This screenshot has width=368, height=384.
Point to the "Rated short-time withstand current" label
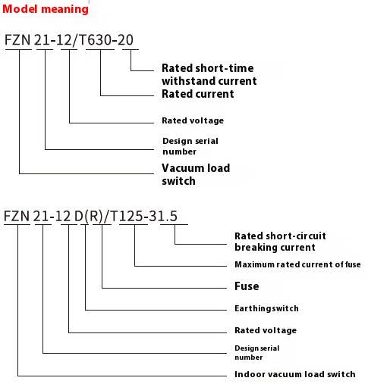(209, 74)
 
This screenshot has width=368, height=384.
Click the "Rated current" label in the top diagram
(197, 95)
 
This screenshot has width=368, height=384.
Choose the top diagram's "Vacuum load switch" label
(196, 174)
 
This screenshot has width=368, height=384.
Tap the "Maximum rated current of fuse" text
(297, 264)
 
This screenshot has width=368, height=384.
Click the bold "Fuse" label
(247, 286)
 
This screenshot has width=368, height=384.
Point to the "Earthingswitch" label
(266, 308)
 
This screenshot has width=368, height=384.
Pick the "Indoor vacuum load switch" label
(295, 374)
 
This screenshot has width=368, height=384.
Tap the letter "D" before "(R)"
(77, 217)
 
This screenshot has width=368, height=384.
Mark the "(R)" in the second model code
(93, 217)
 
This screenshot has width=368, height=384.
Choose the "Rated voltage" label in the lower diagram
(266, 330)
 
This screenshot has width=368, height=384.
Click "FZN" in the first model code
(18, 40)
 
